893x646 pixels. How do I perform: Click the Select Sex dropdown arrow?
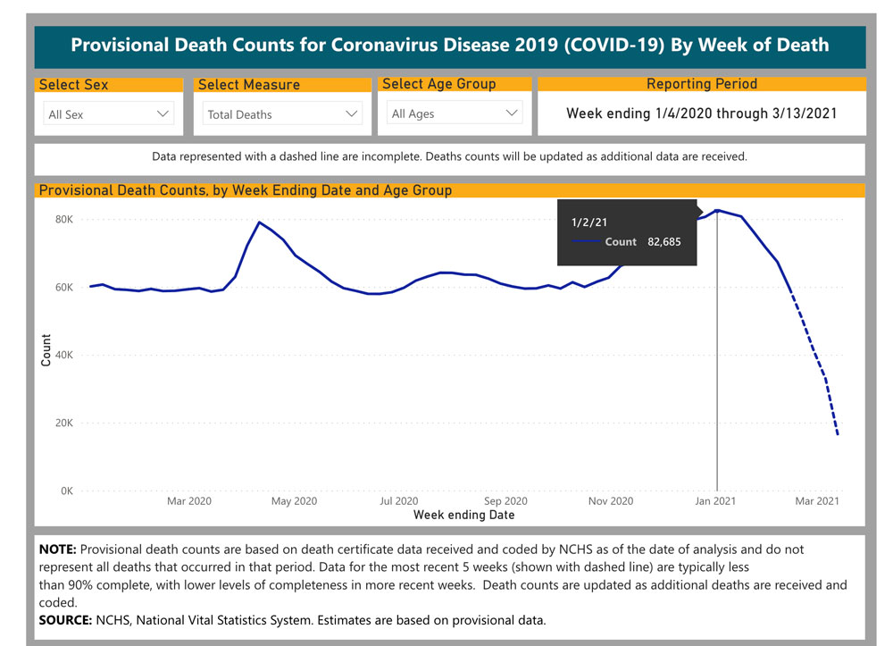pyautogui.click(x=163, y=113)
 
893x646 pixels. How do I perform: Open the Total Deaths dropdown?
pyautogui.click(x=280, y=114)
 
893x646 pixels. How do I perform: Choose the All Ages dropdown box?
pyautogui.click(x=455, y=113)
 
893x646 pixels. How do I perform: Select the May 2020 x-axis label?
pyautogui.click(x=294, y=501)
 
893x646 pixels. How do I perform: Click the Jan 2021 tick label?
pyautogui.click(x=715, y=501)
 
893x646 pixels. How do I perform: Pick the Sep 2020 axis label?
pyautogui.click(x=505, y=501)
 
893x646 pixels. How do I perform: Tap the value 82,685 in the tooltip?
pyautogui.click(x=672, y=241)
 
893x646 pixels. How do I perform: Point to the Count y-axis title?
pyautogui.click(x=46, y=350)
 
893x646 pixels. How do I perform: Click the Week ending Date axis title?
pyautogui.click(x=463, y=515)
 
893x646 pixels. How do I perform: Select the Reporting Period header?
pyautogui.click(x=701, y=84)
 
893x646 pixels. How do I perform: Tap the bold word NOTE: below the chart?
pyautogui.click(x=58, y=550)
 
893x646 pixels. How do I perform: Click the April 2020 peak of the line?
pyautogui.click(x=259, y=222)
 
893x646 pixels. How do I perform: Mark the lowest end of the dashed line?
pyautogui.click(x=838, y=435)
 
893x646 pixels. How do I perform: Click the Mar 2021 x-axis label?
pyautogui.click(x=817, y=501)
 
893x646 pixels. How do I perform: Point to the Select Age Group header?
pyautogui.click(x=438, y=84)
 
